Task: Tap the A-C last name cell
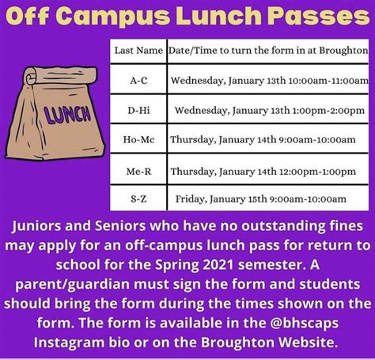pyautogui.click(x=138, y=80)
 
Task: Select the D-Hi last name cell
pyautogui.click(x=138, y=110)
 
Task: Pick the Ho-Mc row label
pyautogui.click(x=138, y=139)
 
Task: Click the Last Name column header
pyautogui.click(x=138, y=50)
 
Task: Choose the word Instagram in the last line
pyautogui.click(x=74, y=342)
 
